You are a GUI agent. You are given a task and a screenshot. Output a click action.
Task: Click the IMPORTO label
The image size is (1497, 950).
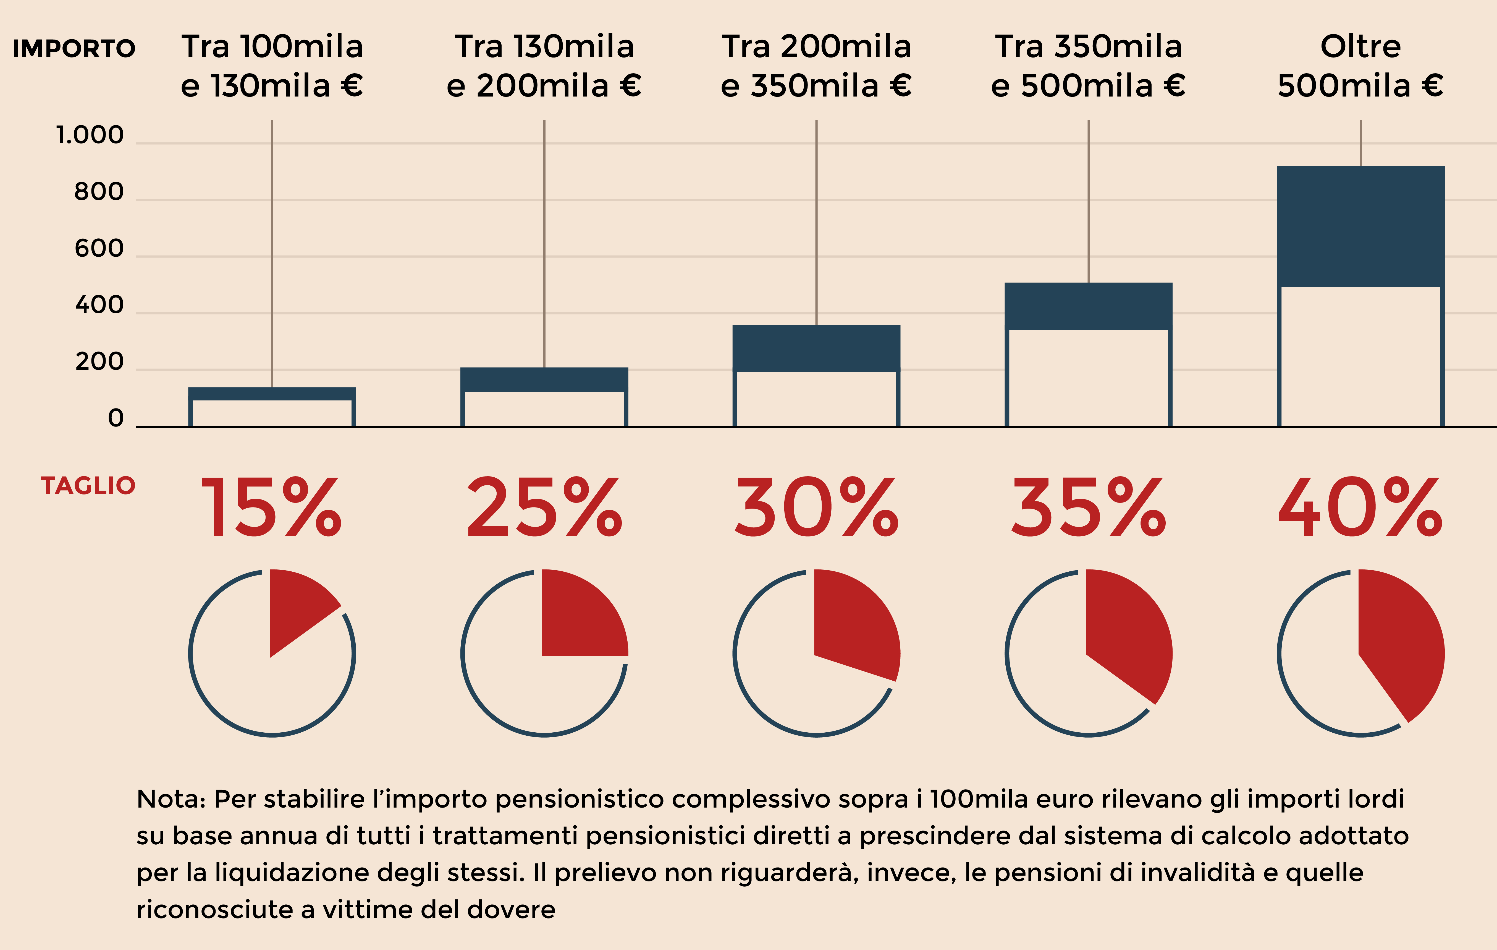click(x=74, y=48)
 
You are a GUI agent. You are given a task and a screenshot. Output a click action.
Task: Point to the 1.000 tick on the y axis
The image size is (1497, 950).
click(x=90, y=135)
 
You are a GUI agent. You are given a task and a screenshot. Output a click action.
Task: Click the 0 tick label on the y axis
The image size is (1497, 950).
click(x=116, y=419)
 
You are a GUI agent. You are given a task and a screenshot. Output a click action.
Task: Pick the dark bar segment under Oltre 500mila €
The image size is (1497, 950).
click(x=1360, y=227)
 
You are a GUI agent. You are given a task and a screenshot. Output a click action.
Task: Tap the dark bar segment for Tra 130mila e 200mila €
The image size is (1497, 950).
click(x=544, y=379)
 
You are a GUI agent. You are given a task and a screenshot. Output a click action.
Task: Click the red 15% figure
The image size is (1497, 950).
click(x=272, y=507)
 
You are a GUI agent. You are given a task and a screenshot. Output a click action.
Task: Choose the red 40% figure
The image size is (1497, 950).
click(x=1360, y=507)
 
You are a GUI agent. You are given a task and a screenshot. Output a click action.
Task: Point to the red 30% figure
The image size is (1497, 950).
click(x=816, y=507)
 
